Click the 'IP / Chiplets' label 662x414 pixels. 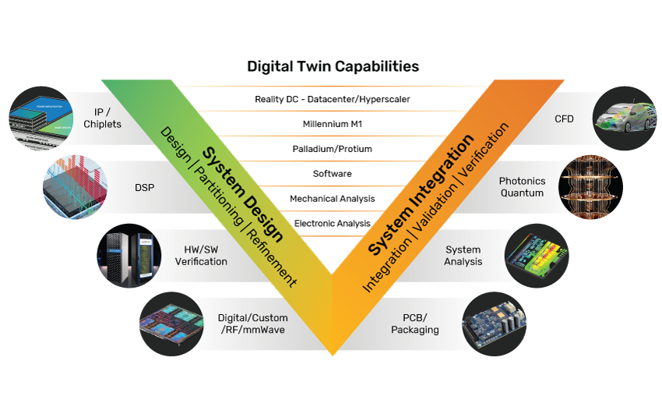(103, 118)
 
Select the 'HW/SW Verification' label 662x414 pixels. (201, 256)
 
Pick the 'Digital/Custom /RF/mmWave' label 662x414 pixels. (252, 324)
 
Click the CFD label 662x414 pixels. (564, 119)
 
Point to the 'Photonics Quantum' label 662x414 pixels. (522, 187)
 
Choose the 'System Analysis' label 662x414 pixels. (463, 256)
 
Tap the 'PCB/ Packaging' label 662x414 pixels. (421, 324)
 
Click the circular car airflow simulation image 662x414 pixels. (625, 119)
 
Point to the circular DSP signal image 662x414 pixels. (75, 187)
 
